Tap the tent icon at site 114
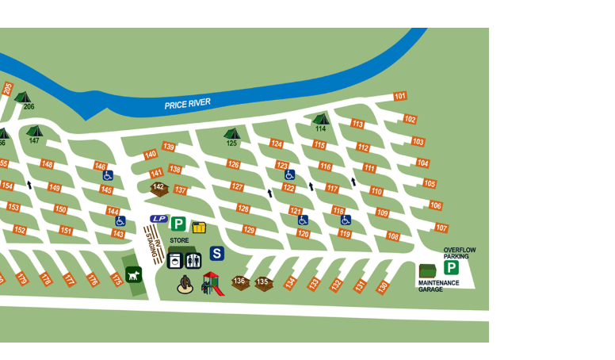tap(320, 119)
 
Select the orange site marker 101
tap(400, 97)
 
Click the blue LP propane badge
tap(159, 219)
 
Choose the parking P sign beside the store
tap(178, 224)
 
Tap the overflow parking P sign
tap(452, 268)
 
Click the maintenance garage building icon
tap(427, 271)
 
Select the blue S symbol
tap(216, 254)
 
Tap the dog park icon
tap(134, 275)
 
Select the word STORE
tap(179, 240)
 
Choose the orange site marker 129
tap(249, 230)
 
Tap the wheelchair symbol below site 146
tap(108, 176)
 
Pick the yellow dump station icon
tap(198, 228)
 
